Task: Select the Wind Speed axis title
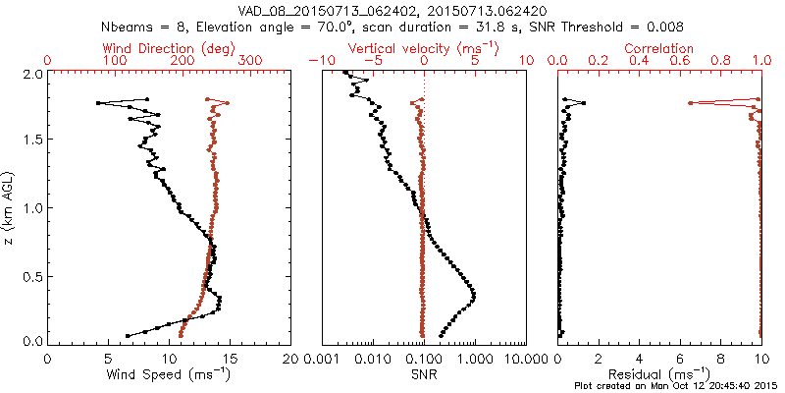(x=170, y=375)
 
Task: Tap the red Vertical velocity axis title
(x=423, y=48)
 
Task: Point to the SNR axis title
(x=424, y=374)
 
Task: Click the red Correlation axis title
(x=659, y=48)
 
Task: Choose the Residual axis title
(x=659, y=375)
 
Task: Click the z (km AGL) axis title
(x=9, y=207)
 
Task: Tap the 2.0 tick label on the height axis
(x=31, y=74)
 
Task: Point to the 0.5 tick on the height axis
(x=31, y=275)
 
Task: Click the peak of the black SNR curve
(x=475, y=295)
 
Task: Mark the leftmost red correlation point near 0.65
(x=691, y=103)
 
